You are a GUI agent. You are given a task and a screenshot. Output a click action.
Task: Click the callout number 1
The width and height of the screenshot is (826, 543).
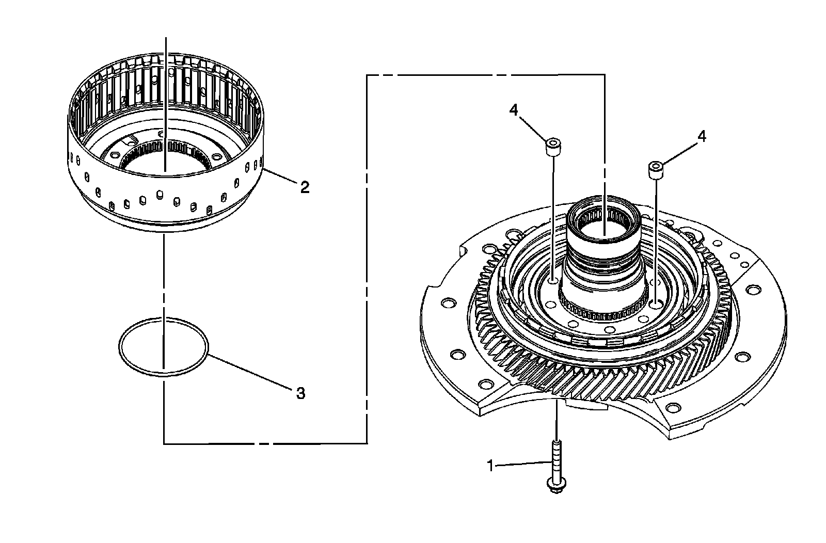click(490, 466)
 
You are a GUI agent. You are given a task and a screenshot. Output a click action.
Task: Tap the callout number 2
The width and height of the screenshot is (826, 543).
click(305, 187)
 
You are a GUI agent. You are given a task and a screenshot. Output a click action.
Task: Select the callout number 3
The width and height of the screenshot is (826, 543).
click(300, 393)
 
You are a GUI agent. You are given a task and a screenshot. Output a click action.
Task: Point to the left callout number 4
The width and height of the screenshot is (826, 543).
click(513, 110)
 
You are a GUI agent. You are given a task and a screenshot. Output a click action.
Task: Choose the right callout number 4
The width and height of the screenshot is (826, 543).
click(702, 137)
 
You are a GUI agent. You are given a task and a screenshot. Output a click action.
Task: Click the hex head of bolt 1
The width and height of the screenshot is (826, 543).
click(557, 485)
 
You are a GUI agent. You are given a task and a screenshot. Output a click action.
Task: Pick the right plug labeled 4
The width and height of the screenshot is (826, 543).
click(656, 170)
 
